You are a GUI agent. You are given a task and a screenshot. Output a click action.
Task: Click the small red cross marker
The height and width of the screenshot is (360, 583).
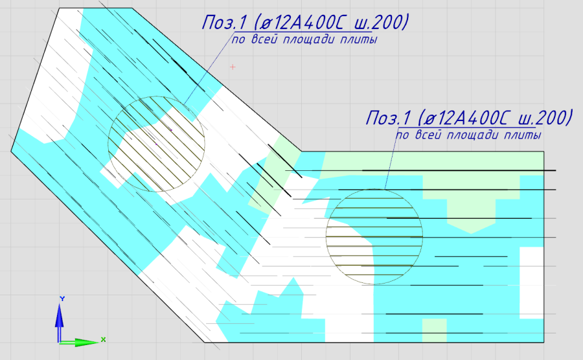point(233,67)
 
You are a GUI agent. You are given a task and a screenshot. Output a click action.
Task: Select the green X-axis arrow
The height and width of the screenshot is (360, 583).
point(79,342)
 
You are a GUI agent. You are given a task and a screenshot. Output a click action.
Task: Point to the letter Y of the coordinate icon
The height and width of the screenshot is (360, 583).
point(62,298)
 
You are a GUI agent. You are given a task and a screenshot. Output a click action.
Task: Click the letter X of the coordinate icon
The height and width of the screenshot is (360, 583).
point(104,339)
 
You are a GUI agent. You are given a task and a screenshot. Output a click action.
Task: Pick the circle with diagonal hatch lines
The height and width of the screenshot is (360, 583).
point(108,144)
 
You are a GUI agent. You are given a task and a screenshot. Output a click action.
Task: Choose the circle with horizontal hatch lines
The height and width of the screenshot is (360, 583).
point(326,236)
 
